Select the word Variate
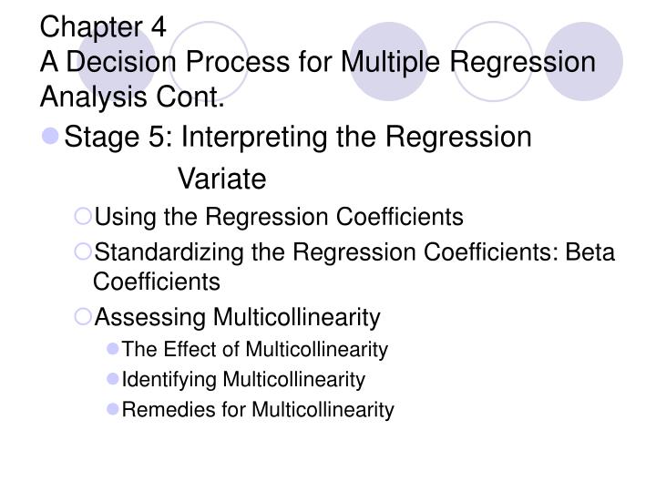221,179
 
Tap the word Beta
590,251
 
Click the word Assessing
150,317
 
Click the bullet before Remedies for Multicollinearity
113,410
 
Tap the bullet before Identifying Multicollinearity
113,379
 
